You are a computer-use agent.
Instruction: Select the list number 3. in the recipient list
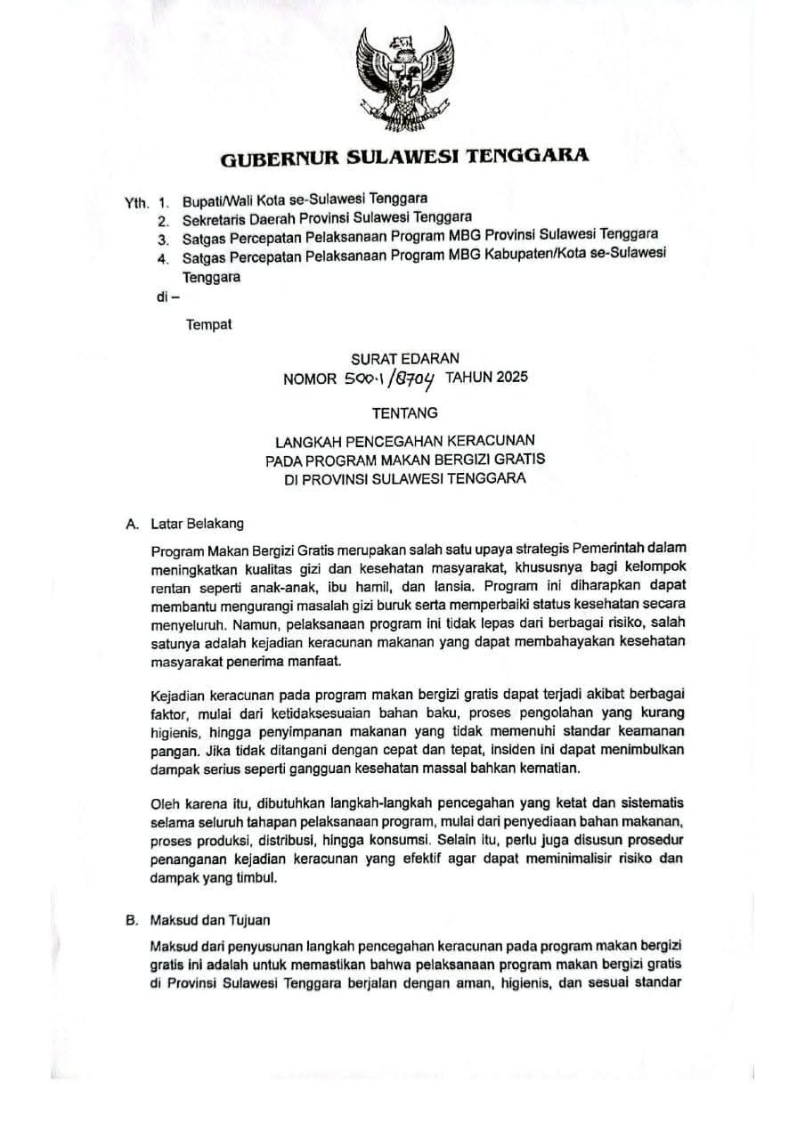tap(163, 239)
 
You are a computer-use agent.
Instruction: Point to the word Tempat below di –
tap(208, 324)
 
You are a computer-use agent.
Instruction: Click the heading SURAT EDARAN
tap(405, 359)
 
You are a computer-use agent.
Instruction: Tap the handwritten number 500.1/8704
tap(390, 379)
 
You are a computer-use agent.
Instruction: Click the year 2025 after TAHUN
tap(511, 377)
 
